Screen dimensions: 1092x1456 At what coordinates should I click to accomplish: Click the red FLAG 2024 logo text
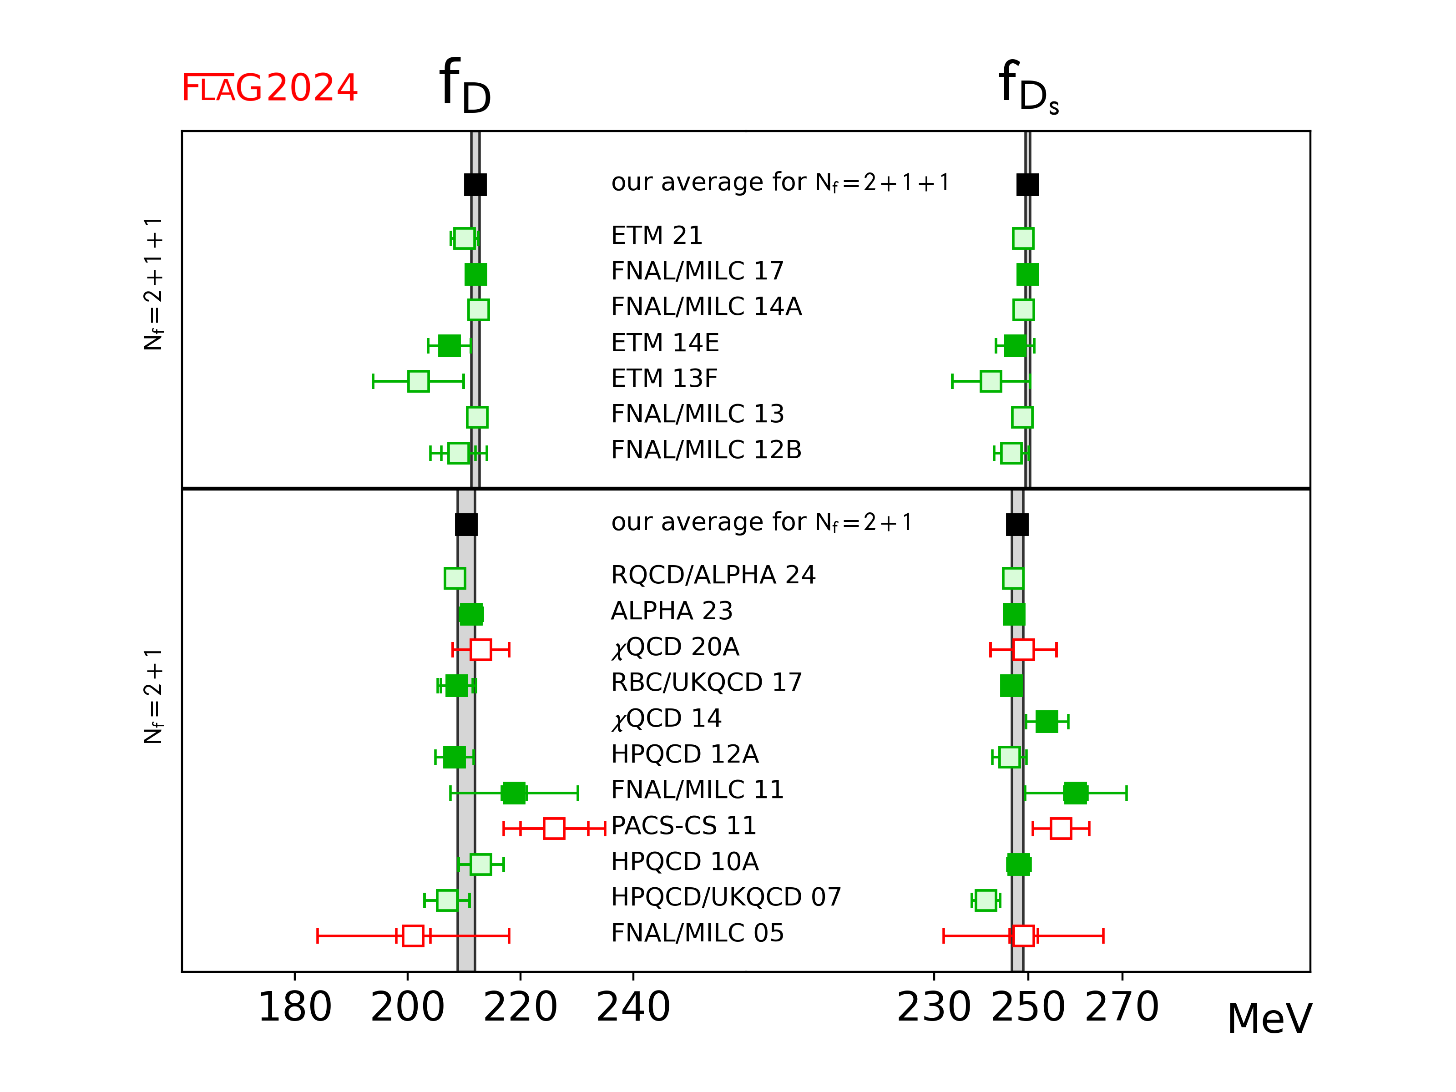click(x=269, y=88)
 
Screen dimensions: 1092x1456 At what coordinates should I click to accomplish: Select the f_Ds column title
click(x=1027, y=87)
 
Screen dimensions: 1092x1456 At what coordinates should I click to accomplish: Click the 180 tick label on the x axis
click(x=294, y=1007)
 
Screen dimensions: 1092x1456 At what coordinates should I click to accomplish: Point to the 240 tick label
click(x=633, y=1007)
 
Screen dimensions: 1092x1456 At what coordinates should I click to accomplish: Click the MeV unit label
click(x=1269, y=1019)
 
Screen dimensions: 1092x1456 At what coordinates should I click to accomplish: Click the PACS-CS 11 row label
click(x=683, y=825)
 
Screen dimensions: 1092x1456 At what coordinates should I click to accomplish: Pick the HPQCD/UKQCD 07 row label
click(x=725, y=897)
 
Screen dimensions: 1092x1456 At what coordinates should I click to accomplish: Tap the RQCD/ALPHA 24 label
click(x=713, y=575)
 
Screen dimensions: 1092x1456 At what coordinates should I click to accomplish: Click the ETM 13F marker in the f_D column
click(x=419, y=381)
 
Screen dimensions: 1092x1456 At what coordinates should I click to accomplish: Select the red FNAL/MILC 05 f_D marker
click(x=413, y=935)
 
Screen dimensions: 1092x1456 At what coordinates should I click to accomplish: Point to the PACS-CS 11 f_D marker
click(x=554, y=828)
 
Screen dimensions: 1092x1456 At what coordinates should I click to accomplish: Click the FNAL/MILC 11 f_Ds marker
click(x=1075, y=793)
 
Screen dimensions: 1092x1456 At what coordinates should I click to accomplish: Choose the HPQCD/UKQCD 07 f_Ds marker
click(x=986, y=900)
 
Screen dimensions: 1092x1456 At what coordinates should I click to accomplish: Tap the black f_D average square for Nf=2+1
click(x=466, y=525)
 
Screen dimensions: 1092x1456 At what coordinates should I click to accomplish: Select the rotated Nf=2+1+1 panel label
click(x=153, y=284)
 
